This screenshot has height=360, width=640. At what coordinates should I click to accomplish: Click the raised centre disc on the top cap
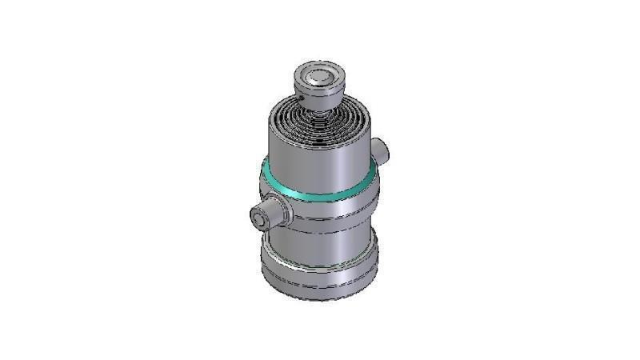click(317, 78)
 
